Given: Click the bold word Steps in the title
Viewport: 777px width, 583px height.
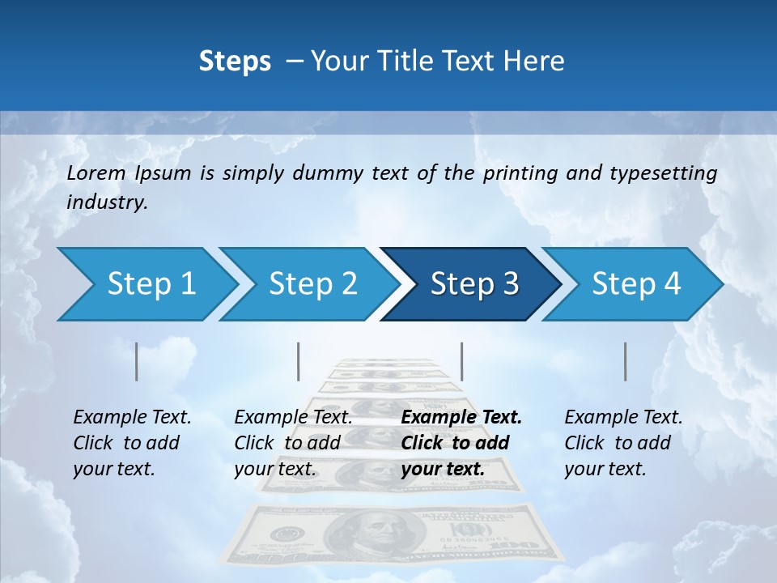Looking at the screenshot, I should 235,62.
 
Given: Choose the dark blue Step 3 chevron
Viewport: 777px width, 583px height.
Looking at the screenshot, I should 471,284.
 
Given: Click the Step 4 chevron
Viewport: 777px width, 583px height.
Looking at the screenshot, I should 633,284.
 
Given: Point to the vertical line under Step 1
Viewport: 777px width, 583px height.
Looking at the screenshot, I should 137,361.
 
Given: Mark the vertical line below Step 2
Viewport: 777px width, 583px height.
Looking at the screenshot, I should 299,361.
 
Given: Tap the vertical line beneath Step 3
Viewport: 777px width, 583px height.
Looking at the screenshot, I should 461,361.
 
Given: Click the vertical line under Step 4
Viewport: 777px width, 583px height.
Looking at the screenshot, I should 626,361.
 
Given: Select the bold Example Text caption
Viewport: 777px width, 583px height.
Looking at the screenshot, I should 461,418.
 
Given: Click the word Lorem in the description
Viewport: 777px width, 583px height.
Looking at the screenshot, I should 96,173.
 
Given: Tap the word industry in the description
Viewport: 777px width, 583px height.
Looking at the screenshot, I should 107,202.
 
